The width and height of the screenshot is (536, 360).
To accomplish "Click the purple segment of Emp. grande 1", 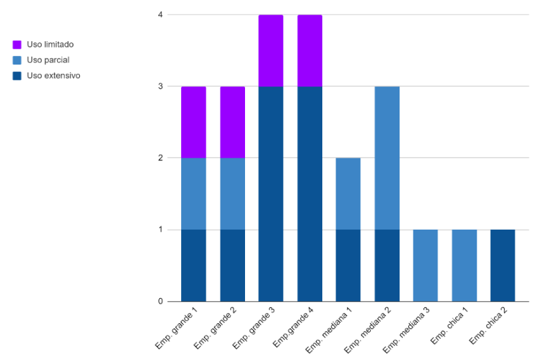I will coord(193,122).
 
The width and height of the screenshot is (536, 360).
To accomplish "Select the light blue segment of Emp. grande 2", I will coord(232,194).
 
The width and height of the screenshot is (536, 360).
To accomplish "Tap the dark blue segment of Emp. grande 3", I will coord(271,194).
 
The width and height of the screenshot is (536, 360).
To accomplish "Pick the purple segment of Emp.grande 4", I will coord(310,51).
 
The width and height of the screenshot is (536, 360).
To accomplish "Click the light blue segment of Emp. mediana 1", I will coord(348,194).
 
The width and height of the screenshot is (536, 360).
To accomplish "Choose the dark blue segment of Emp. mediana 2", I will coord(387,266).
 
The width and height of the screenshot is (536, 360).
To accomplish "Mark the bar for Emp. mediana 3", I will coord(425,266).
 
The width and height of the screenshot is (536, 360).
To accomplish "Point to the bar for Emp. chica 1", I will coord(464,266).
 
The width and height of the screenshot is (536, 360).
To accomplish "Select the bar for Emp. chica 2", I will coord(503,266).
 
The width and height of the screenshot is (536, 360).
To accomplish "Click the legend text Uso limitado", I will coord(50,45).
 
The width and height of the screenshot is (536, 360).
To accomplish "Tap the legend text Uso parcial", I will coord(48,60).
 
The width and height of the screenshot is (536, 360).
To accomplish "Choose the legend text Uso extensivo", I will coord(53,76).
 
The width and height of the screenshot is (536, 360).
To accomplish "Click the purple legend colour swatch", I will coord(17,45).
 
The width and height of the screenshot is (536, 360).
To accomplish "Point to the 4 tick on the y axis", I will coord(160,15).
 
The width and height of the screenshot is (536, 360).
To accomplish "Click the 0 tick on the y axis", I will coord(160,301).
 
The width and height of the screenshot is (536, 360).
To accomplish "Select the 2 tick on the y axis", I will coord(160,158).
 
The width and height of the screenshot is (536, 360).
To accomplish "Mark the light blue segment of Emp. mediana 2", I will coord(387,158).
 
